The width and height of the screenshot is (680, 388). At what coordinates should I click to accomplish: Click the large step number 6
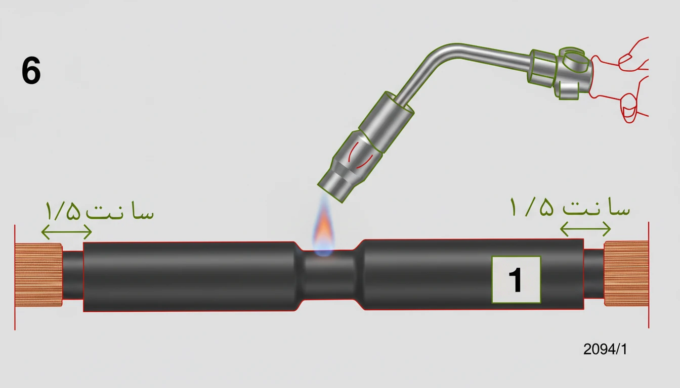click(x=31, y=70)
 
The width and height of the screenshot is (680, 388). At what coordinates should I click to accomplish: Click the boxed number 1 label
click(x=516, y=280)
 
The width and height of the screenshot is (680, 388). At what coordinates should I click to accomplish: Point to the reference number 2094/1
click(x=605, y=349)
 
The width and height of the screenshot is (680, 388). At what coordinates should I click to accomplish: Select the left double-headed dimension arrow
click(x=66, y=232)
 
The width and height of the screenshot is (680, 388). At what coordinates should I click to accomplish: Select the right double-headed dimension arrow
click(x=585, y=229)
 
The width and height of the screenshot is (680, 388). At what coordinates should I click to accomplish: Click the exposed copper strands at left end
click(x=38, y=275)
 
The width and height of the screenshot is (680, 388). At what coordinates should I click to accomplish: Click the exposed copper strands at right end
click(x=626, y=273)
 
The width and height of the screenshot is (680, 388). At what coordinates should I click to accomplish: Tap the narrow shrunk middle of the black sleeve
click(x=329, y=275)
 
